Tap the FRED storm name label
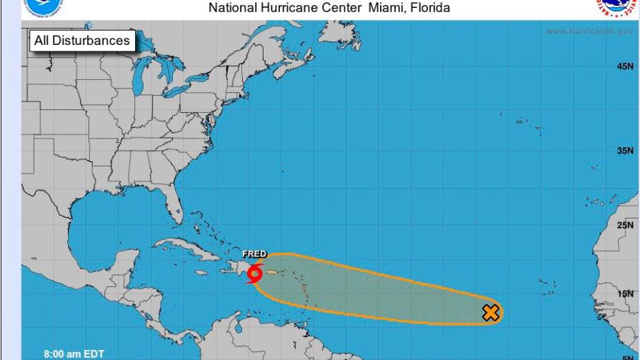254,254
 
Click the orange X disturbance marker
491,312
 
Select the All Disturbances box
82,41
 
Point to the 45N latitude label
625,66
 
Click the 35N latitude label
625,151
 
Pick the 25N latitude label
625,225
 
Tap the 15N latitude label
625,294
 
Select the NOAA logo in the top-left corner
43,6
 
